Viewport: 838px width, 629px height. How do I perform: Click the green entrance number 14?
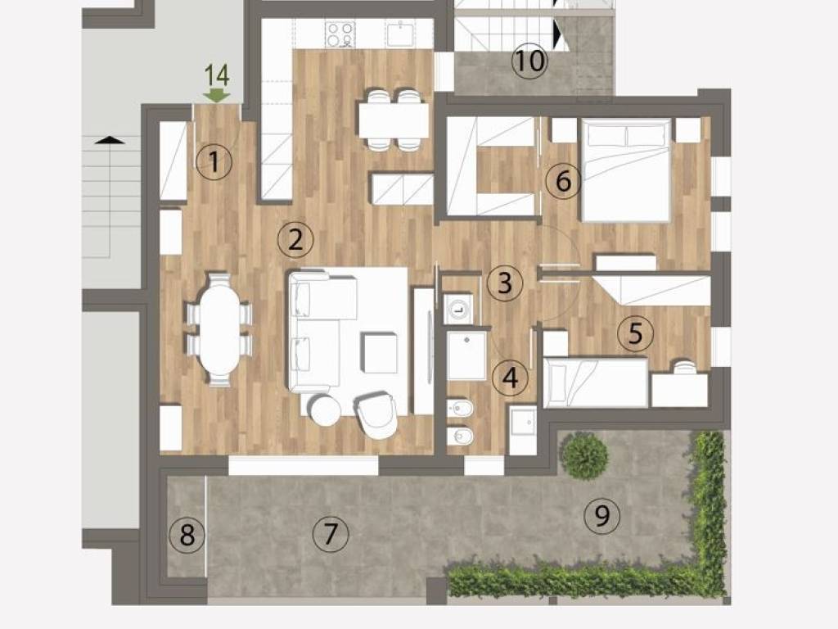point(216,75)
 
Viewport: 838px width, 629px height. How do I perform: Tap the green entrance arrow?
point(216,96)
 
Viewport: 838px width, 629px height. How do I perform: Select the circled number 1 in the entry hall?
point(214,162)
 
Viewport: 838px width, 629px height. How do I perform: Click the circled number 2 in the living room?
point(295,239)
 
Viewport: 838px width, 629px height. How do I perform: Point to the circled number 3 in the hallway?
point(505,283)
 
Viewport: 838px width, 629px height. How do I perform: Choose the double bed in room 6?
point(626,170)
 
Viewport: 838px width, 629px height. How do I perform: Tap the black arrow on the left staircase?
point(110,141)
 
